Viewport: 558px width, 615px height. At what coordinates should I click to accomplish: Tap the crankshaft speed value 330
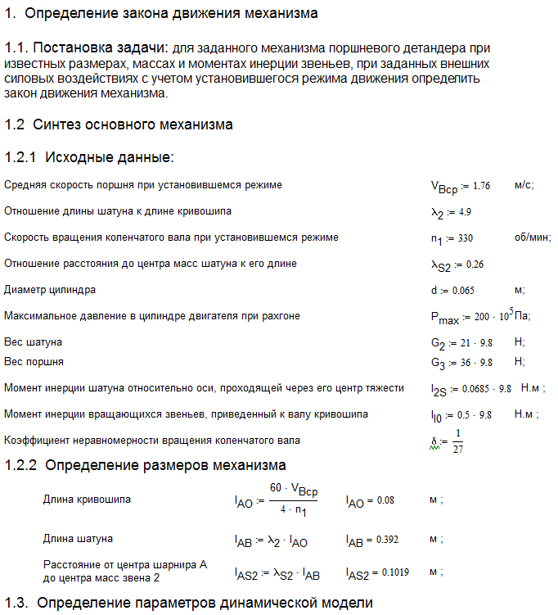pos(464,238)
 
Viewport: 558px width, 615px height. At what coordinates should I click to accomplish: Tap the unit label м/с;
pos(524,185)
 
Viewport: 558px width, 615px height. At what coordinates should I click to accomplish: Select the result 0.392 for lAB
pos(384,540)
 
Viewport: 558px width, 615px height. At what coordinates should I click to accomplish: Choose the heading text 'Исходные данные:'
pos(110,157)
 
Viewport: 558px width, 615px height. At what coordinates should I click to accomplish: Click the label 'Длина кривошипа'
pos(87,499)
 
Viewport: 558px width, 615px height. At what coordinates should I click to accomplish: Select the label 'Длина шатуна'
pos(78,539)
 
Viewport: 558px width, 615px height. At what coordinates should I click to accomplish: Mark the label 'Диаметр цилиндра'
pos(50,290)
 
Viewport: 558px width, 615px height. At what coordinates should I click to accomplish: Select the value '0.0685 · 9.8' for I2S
pos(483,388)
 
